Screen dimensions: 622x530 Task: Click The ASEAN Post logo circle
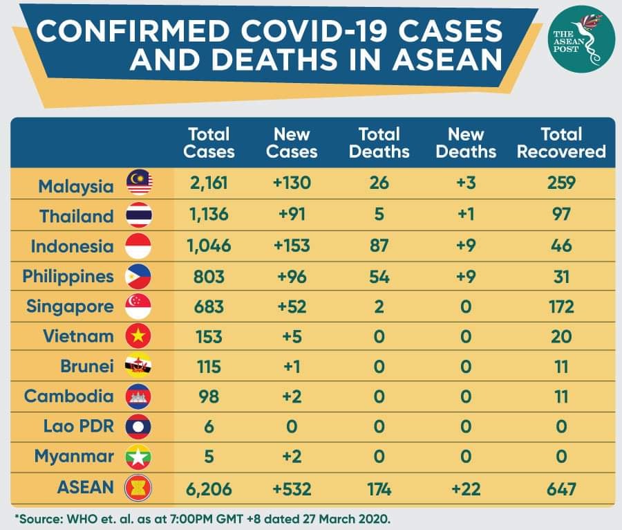pos(581,39)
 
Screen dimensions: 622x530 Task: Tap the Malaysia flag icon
pos(139,183)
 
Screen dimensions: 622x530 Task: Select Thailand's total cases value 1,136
pos(209,214)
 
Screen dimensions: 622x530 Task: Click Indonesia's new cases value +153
pos(292,246)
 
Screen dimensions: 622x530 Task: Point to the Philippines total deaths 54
pos(379,276)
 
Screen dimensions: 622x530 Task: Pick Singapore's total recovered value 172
pos(561,307)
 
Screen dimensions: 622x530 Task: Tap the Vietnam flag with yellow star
pos(138,336)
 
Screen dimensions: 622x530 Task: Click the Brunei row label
pos(87,366)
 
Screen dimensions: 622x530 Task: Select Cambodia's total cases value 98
pos(209,396)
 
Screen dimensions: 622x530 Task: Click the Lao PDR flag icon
pos(138,426)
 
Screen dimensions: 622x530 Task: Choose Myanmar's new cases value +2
pos(292,457)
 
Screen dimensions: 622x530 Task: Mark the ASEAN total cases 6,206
pos(209,489)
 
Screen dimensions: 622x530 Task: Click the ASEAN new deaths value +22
pos(466,488)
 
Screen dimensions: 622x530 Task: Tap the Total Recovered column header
pos(561,143)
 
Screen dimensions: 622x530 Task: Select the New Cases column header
pos(292,143)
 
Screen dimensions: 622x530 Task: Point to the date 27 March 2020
pos(347,519)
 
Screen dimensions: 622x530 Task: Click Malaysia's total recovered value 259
pos(561,183)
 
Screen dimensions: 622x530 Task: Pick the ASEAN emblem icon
pos(138,488)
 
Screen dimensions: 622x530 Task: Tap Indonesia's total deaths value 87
pos(379,246)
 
